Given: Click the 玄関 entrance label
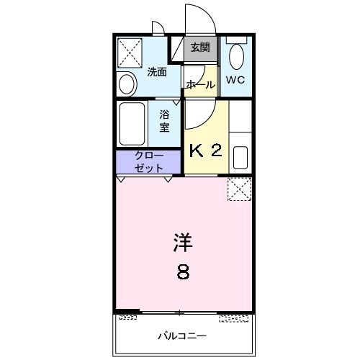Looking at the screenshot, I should pos(200,48).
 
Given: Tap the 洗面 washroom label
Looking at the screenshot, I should pos(157,71).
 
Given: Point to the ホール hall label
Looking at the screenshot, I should pos(200,85).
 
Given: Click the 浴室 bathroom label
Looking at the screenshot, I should pos(164,120).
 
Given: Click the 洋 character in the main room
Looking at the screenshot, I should pos(183,243).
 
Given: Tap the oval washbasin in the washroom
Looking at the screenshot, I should pos(127,84).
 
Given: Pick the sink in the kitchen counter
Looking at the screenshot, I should pos(240,158).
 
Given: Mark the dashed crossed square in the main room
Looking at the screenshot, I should pos(238,189).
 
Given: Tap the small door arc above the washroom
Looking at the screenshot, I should pos(158,28).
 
